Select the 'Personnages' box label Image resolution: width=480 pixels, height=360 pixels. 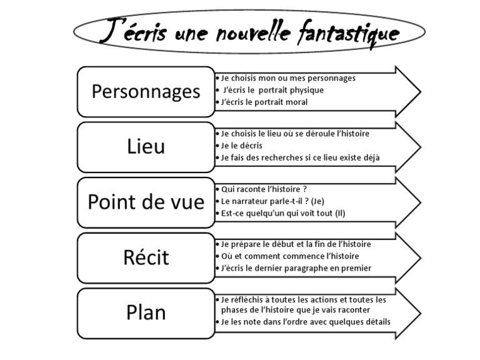tap(146, 91)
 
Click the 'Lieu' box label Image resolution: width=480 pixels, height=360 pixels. tap(146, 146)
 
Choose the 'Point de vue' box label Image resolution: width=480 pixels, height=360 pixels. tap(146, 201)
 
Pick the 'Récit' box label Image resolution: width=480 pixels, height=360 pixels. tap(146, 257)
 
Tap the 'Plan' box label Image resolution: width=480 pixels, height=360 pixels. tap(146, 312)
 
